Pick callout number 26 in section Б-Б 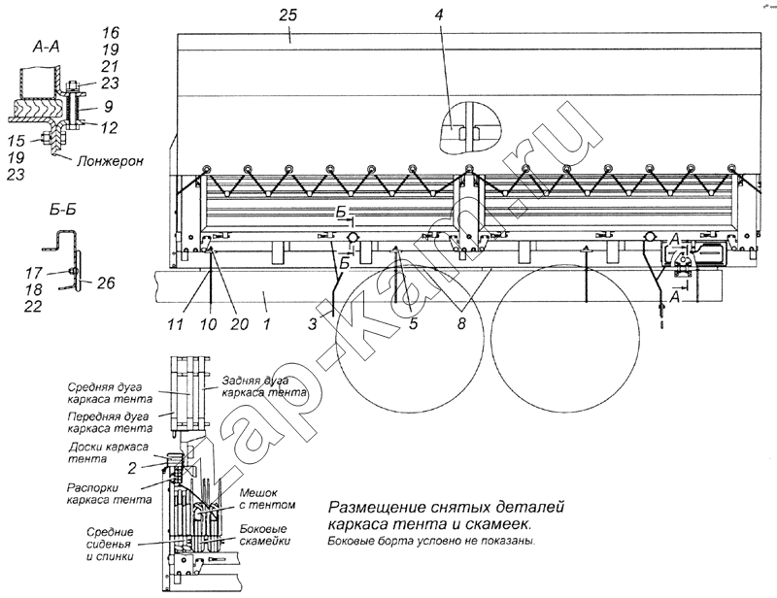click(x=106, y=282)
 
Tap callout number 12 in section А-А click(x=109, y=127)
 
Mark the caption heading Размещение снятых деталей click(x=446, y=508)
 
